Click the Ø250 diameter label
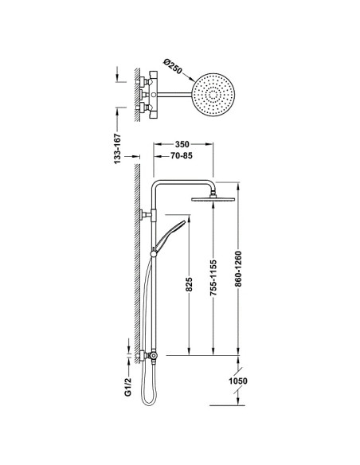[x=172, y=67]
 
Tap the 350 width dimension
[x=182, y=144]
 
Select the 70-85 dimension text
[x=182, y=155]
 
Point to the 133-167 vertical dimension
[x=118, y=149]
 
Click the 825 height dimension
[x=190, y=284]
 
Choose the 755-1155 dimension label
[x=213, y=278]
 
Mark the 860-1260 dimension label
[x=238, y=269]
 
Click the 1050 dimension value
[x=238, y=381]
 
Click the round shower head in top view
[x=213, y=95]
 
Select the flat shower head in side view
[x=213, y=199]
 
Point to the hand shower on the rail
[x=170, y=235]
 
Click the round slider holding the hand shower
[x=154, y=254]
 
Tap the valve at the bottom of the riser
[x=153, y=355]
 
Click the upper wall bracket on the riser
[x=147, y=214]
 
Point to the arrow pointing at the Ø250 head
[x=188, y=76]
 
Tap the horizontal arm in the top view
[x=174, y=95]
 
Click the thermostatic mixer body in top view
[x=153, y=95]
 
